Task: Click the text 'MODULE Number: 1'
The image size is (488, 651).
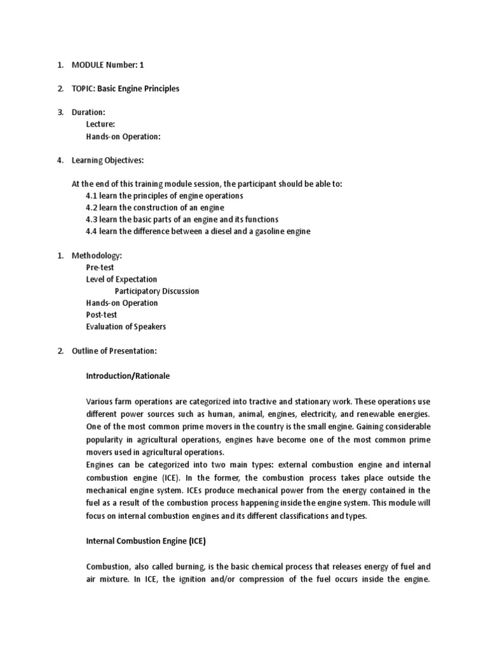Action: [x=112, y=65]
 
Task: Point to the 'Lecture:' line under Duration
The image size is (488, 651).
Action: [x=100, y=125]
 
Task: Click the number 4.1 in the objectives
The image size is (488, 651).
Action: [x=92, y=196]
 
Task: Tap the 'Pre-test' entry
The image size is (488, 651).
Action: [x=100, y=268]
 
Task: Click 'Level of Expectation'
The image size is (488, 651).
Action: [x=121, y=279]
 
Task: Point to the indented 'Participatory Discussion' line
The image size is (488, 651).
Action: [x=157, y=291]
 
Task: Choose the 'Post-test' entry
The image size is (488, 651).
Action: [x=102, y=315]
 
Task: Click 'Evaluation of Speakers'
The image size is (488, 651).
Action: [x=126, y=327]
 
